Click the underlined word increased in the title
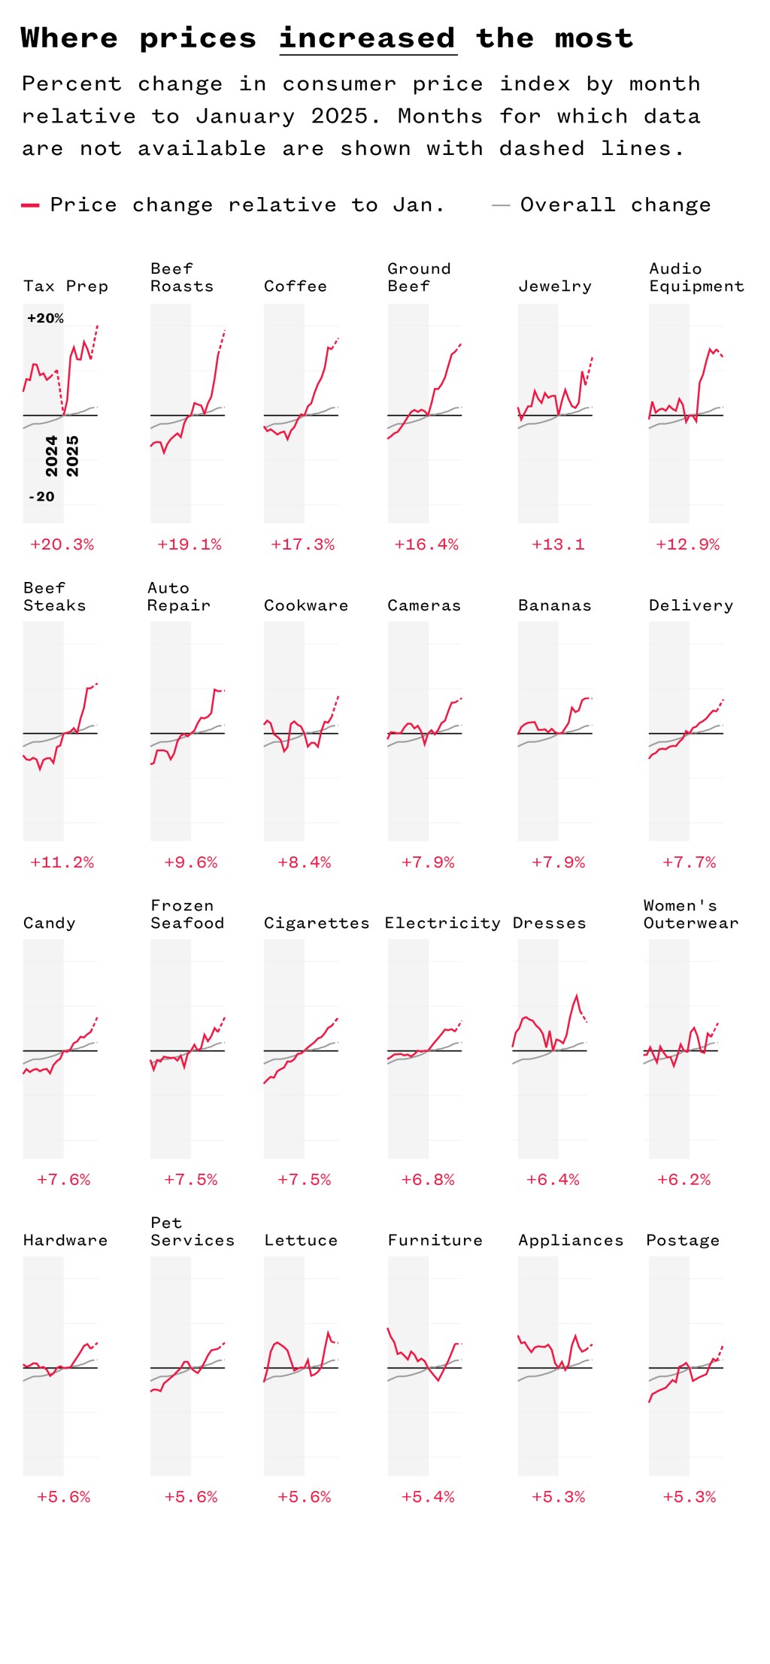click(368, 38)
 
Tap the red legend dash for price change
click(30, 205)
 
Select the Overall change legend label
click(614, 205)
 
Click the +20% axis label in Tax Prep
click(45, 318)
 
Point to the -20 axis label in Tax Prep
click(41, 496)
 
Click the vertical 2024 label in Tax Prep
click(51, 456)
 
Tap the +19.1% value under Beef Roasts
click(189, 544)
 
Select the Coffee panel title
click(296, 286)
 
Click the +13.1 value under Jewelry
click(558, 544)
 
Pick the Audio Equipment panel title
click(696, 277)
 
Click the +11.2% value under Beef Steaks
click(62, 862)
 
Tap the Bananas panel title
click(555, 605)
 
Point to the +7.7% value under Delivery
click(689, 862)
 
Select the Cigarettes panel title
click(317, 923)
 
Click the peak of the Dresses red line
click(577, 996)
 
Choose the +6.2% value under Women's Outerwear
click(684, 1179)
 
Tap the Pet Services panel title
click(192, 1232)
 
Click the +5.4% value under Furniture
click(428, 1496)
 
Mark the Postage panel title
click(683, 1240)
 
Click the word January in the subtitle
click(245, 116)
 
